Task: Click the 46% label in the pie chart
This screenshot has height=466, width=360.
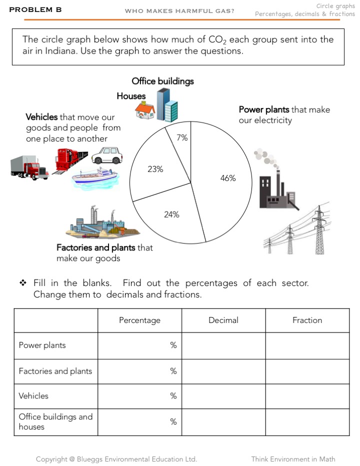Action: click(x=228, y=178)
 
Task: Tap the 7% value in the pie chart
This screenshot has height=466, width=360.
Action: click(x=182, y=137)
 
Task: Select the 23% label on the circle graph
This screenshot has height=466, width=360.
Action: click(x=155, y=169)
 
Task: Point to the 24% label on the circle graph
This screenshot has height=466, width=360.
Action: click(x=171, y=214)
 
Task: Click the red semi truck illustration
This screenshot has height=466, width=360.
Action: click(x=29, y=167)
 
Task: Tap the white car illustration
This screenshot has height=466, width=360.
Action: click(x=107, y=155)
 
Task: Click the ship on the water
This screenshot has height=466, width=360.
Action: click(x=95, y=177)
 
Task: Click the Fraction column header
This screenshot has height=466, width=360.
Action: click(x=307, y=320)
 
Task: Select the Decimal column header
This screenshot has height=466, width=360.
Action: click(x=223, y=320)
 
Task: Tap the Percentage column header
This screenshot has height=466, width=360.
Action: click(x=139, y=320)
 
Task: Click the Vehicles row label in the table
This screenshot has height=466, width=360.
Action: click(x=33, y=395)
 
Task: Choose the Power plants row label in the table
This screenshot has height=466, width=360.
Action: click(x=42, y=345)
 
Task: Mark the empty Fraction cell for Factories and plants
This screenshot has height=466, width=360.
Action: click(x=307, y=371)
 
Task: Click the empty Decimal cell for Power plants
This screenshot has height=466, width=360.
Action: click(x=223, y=345)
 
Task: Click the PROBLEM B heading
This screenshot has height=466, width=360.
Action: click(x=35, y=9)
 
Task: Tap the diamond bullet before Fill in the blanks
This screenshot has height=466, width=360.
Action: click(x=22, y=283)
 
